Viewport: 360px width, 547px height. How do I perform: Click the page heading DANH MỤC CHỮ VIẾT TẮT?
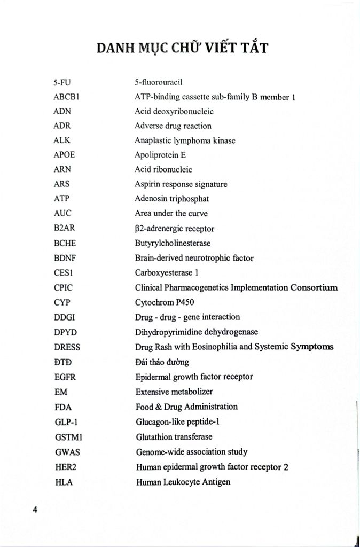point(183,49)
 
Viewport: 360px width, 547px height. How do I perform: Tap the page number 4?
point(35,509)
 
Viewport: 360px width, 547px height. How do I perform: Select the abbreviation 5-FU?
point(62,83)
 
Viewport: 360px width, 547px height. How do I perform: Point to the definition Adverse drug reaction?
point(173,126)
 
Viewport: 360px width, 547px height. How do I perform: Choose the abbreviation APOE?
point(64,155)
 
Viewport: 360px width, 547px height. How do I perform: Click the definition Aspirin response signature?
point(181,184)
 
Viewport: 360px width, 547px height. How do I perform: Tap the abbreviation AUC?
point(62,213)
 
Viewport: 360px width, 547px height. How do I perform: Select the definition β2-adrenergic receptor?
point(175,229)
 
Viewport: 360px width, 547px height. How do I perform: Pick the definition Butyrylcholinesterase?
point(173,243)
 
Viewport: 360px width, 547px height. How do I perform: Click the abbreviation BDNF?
point(65,258)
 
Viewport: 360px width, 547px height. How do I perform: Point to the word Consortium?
point(314,287)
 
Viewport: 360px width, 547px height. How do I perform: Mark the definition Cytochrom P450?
point(164,302)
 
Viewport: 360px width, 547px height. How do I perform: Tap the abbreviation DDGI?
point(64,317)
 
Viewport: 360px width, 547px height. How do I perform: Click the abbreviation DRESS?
point(67,346)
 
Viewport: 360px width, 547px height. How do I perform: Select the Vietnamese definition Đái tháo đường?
point(162,362)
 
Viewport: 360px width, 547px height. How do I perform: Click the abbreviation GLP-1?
point(65,421)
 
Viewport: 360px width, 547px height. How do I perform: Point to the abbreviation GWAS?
point(67,451)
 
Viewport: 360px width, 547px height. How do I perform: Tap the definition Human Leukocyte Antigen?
point(183,482)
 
